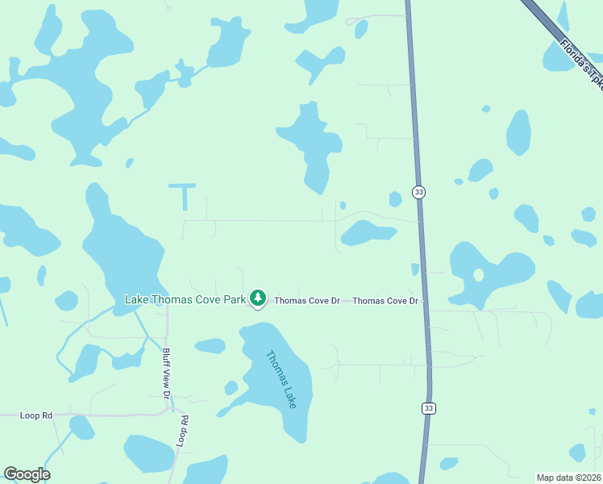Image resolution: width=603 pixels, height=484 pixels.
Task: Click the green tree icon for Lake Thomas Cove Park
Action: point(257,298)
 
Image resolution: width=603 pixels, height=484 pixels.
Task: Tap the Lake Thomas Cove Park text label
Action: point(185,299)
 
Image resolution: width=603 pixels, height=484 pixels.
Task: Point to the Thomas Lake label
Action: point(282,378)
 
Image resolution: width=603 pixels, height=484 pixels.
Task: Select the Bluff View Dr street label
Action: point(166,373)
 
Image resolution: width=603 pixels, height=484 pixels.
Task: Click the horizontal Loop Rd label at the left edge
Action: point(36,415)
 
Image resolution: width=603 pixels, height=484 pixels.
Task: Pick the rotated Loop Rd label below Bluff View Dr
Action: point(183,431)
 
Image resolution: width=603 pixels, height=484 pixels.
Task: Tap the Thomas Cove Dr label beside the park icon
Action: point(307,301)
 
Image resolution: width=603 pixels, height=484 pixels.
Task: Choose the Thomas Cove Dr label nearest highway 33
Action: point(385,301)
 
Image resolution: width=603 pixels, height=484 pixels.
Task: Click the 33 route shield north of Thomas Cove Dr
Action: point(418,192)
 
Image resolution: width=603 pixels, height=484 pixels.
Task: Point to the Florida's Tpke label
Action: point(580,61)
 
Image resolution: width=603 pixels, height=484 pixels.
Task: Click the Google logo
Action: point(27,474)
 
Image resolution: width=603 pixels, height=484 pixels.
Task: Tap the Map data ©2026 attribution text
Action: point(568,477)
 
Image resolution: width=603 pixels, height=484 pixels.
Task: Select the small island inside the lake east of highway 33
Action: point(478,274)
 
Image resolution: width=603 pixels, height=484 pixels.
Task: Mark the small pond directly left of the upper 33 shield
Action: point(395,198)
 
